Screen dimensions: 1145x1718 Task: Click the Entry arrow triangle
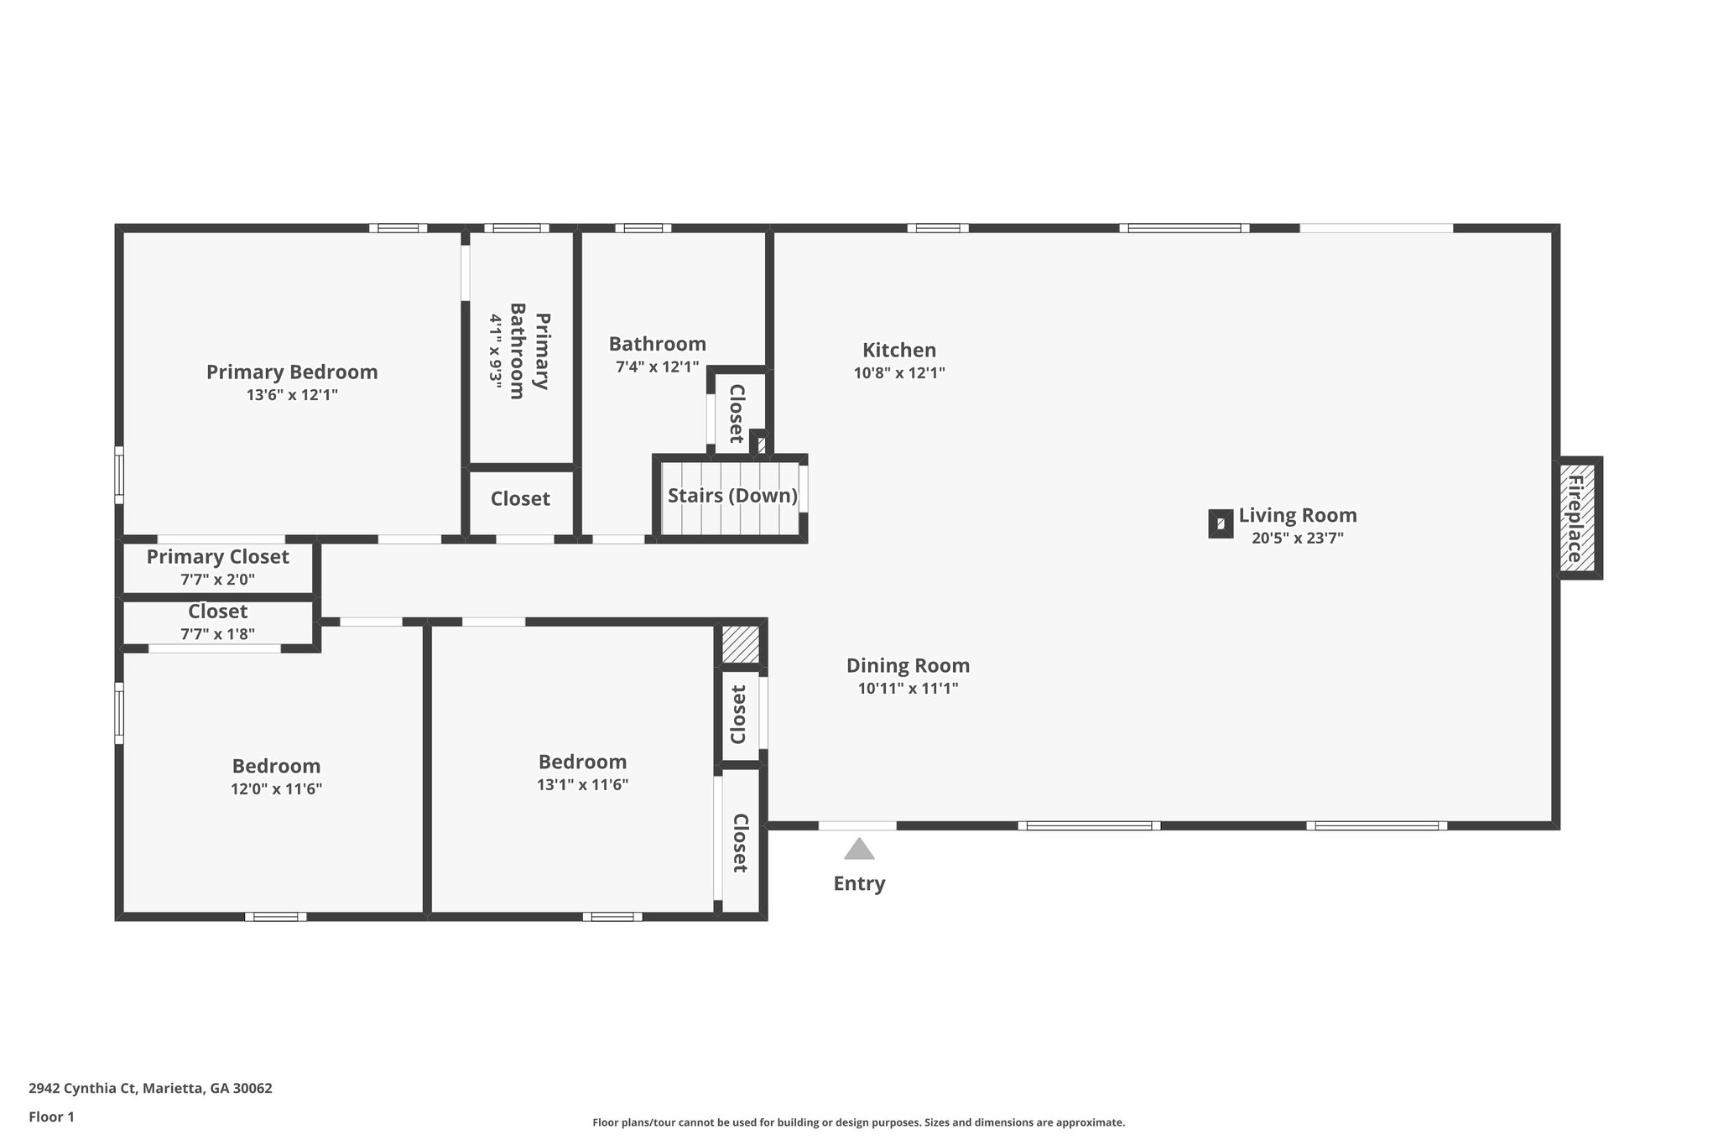click(859, 850)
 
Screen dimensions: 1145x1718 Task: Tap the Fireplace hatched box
click(1580, 518)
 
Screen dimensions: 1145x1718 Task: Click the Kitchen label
click(899, 350)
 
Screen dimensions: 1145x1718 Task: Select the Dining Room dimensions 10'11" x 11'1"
click(908, 689)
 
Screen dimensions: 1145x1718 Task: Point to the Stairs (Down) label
click(731, 496)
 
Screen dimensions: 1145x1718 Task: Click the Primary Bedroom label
click(292, 372)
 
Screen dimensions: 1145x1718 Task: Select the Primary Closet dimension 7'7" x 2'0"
click(217, 579)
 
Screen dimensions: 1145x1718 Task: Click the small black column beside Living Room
click(1221, 523)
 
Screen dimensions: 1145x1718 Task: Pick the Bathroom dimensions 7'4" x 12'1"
click(657, 367)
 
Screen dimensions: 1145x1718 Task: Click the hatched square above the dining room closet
click(741, 643)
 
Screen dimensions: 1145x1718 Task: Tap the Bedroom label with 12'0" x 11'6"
click(276, 766)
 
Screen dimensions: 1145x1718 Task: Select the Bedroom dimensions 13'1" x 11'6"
click(582, 785)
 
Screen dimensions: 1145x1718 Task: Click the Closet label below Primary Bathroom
click(520, 499)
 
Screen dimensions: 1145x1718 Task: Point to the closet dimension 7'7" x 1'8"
click(217, 634)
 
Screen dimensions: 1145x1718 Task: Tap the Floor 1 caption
click(51, 1116)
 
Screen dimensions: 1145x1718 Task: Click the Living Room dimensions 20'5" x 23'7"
click(1297, 539)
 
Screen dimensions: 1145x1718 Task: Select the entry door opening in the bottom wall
click(856, 826)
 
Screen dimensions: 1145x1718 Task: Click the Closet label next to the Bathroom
click(737, 414)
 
